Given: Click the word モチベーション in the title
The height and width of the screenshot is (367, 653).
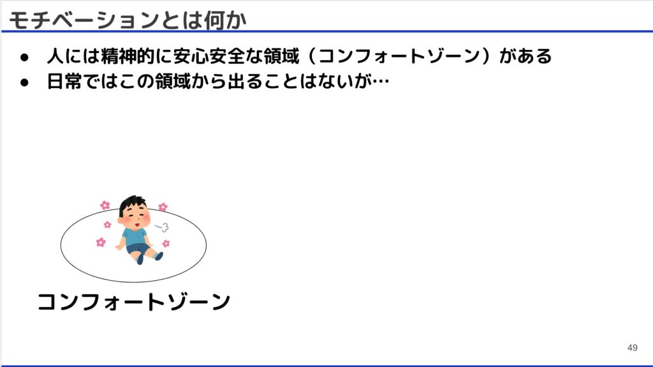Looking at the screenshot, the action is point(84,20).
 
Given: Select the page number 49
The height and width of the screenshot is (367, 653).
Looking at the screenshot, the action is point(632,348).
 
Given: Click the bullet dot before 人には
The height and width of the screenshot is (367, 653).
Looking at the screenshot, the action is point(25,57).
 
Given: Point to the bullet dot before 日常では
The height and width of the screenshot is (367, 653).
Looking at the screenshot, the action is point(25,82).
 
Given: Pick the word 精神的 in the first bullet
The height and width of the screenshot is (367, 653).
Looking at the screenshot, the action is point(128,56).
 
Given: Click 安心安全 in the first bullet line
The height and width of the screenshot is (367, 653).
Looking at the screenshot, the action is point(209,56).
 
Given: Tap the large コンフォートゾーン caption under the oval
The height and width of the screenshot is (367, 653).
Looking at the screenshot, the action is point(134,301).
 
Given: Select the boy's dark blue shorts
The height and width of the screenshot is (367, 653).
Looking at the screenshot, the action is point(138,250).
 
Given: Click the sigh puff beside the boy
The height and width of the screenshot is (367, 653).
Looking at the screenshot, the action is point(162,227).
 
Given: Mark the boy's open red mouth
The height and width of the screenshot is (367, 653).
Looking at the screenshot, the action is point(136,225).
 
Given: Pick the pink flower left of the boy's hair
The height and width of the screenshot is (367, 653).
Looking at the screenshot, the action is point(105,205).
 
